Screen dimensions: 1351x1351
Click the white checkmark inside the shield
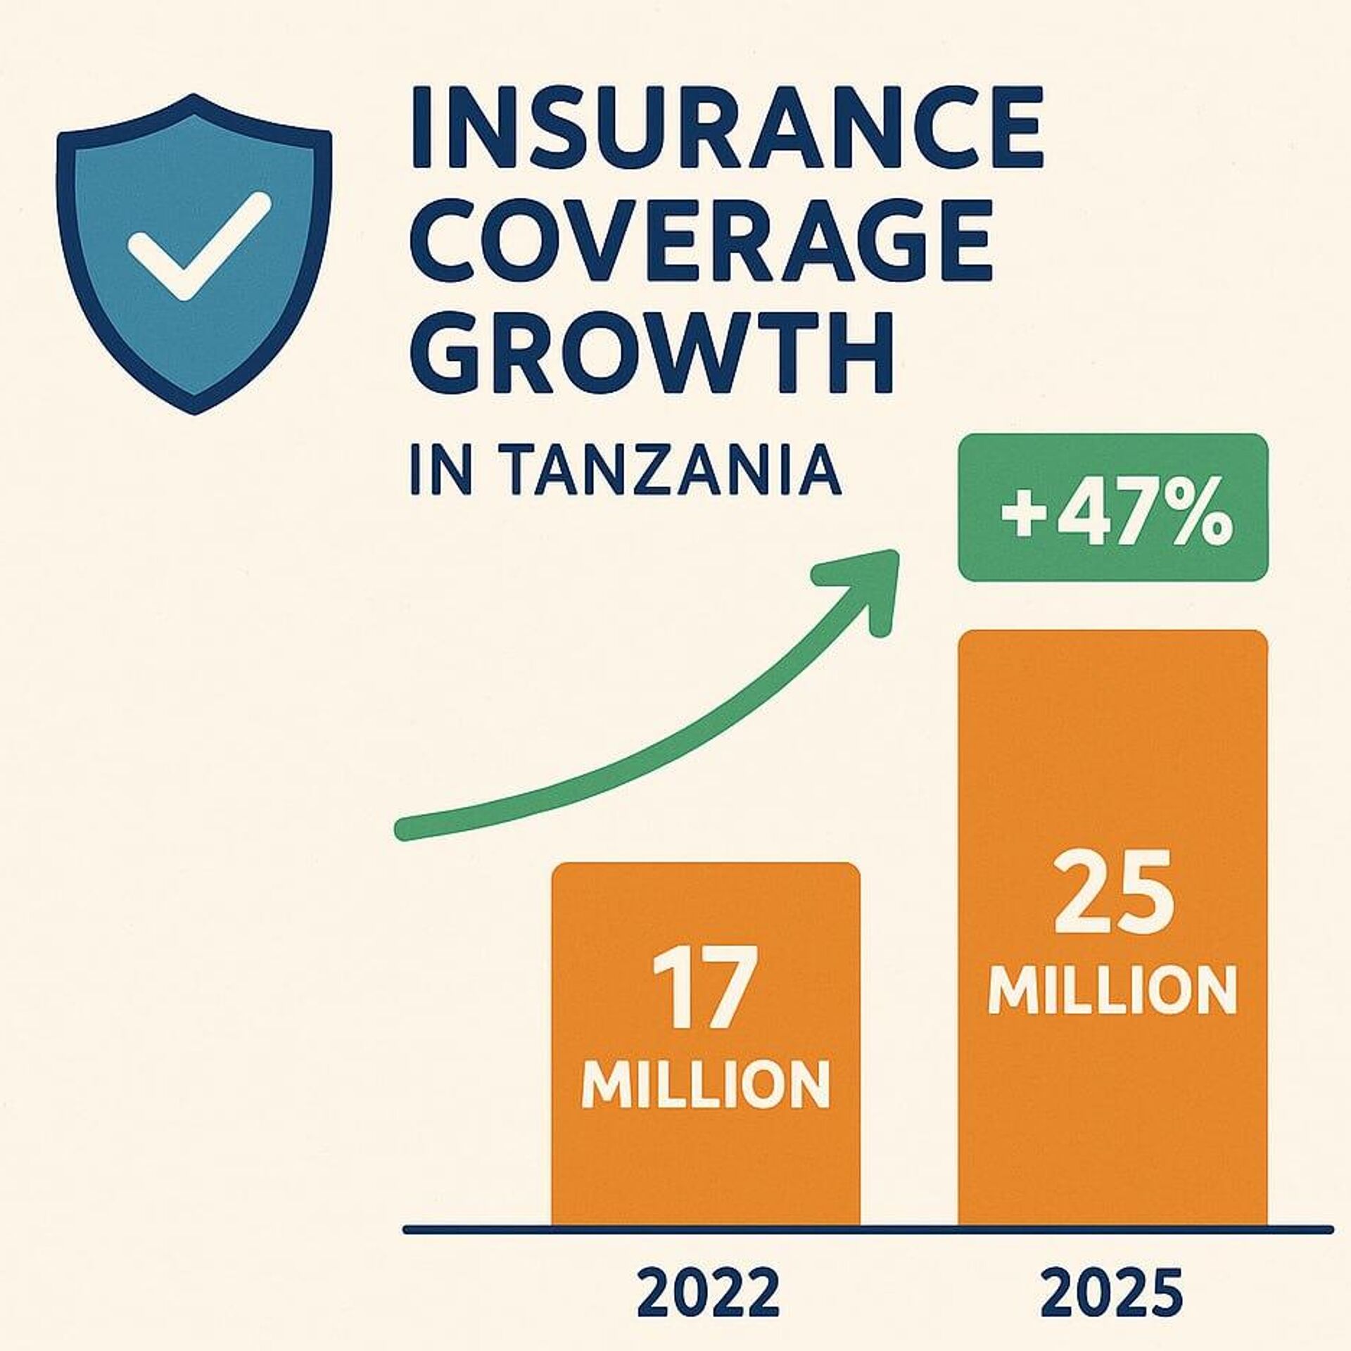pos(198,246)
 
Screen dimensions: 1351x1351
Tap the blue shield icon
pos(194,254)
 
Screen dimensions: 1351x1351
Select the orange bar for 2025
pos(1112,928)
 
